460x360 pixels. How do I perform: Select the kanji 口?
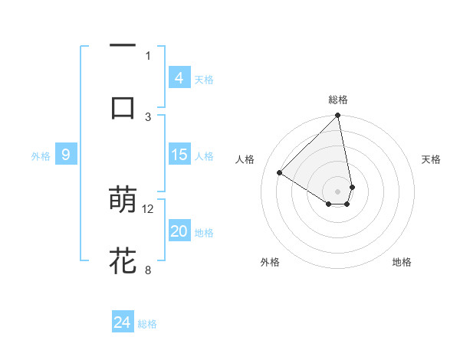tap(123, 108)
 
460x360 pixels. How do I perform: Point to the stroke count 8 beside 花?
tap(148, 269)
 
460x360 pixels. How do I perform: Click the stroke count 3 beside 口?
tap(148, 116)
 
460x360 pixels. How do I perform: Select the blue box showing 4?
tap(179, 78)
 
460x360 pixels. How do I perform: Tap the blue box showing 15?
tap(179, 155)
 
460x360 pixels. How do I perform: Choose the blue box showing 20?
tap(179, 231)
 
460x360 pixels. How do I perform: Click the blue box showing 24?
tap(123, 322)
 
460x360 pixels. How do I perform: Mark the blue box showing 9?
tap(66, 155)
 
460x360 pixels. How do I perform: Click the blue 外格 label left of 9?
tap(41, 156)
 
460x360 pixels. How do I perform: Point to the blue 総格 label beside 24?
tap(147, 324)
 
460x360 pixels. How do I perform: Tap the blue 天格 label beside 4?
tap(204, 80)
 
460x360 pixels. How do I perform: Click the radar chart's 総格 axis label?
tap(338, 100)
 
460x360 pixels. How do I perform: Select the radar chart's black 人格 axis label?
tap(245, 159)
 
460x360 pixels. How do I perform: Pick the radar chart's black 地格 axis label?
tap(402, 262)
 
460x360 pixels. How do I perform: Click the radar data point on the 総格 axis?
tap(338, 116)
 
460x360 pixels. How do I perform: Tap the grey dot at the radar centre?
tap(338, 191)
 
